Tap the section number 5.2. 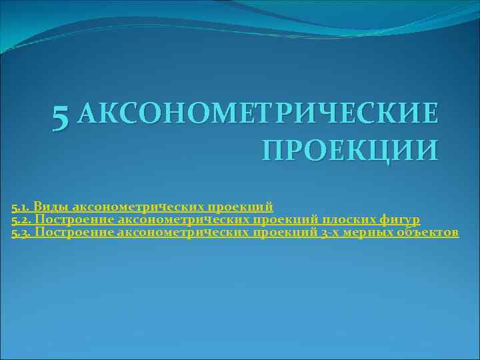[21, 219]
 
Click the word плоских [352, 219]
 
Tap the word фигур [401, 219]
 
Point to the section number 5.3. [21, 233]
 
